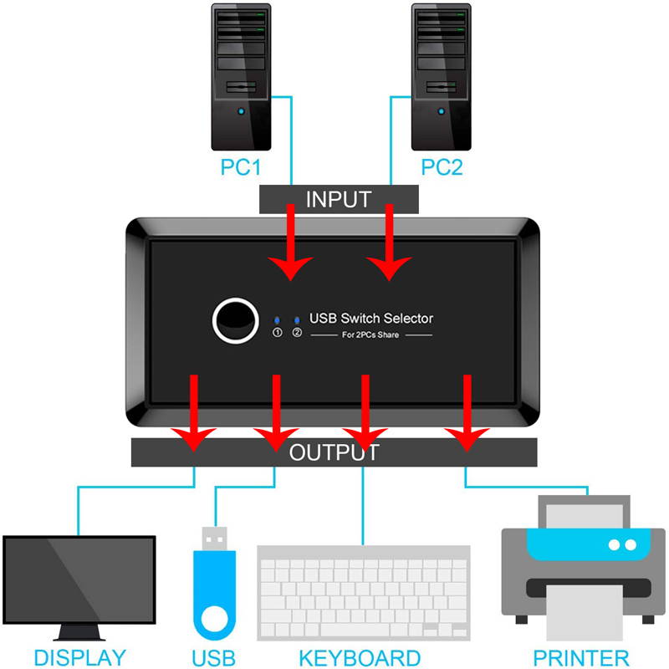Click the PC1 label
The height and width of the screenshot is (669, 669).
[242, 166]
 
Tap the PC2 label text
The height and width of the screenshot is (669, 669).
[442, 166]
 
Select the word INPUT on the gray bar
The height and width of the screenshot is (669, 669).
[338, 199]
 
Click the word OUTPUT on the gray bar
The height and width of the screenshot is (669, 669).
[334, 453]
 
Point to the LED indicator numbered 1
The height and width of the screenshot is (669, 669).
[278, 320]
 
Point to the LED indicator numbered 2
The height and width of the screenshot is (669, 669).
[297, 320]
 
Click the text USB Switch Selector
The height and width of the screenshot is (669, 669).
[371, 318]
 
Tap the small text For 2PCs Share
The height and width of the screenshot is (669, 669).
[371, 335]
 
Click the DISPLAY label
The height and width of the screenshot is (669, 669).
[80, 657]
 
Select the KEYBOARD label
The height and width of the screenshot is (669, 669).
[360, 657]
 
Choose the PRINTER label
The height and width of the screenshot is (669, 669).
[581, 657]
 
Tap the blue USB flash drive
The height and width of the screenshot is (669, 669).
[214, 594]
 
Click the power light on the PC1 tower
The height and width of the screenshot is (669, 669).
[242, 112]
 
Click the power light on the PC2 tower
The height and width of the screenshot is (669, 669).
[442, 112]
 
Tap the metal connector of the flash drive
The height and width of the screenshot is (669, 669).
[214, 537]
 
